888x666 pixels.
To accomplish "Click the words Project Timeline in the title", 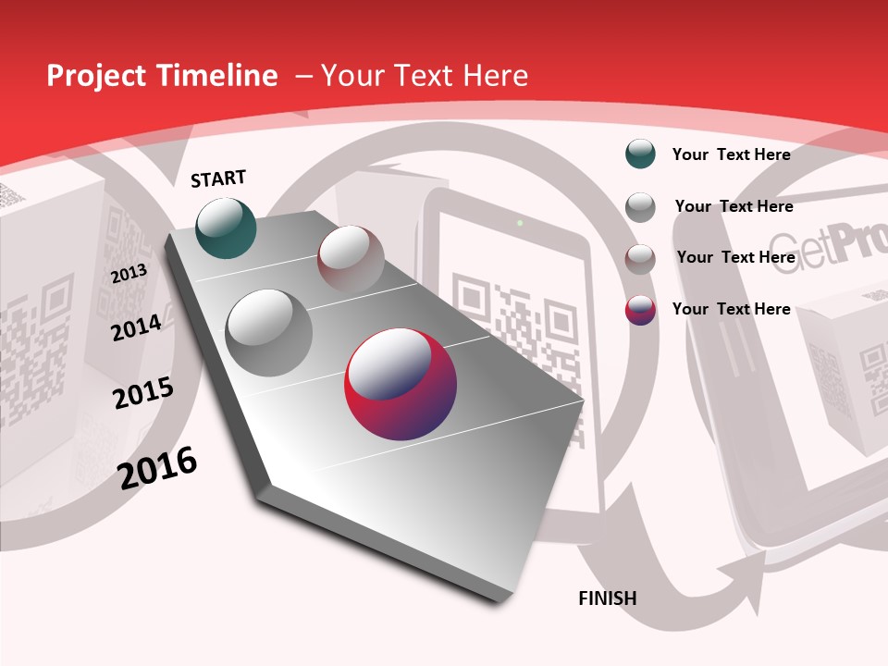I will click(162, 76).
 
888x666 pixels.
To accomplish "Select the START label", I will click(218, 179).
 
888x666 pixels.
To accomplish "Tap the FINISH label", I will click(607, 598).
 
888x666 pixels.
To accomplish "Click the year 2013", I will click(129, 274).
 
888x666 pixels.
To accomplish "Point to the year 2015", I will click(143, 393).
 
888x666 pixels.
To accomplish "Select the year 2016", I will click(157, 467).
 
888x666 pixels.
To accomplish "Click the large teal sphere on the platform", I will click(227, 228).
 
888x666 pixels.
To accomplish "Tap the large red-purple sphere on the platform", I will click(401, 384).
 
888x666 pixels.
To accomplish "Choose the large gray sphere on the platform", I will click(268, 332).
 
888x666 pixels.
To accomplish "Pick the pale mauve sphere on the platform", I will click(351, 258).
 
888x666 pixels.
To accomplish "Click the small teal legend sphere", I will click(640, 154).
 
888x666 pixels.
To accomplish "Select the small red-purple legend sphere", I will click(640, 310).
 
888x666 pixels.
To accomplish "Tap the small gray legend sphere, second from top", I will click(640, 206).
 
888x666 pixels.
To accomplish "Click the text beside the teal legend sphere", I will click(731, 154).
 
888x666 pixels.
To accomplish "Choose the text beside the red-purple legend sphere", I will click(731, 309).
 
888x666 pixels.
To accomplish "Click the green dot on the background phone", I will click(520, 223).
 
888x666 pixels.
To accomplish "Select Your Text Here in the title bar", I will click(424, 76).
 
